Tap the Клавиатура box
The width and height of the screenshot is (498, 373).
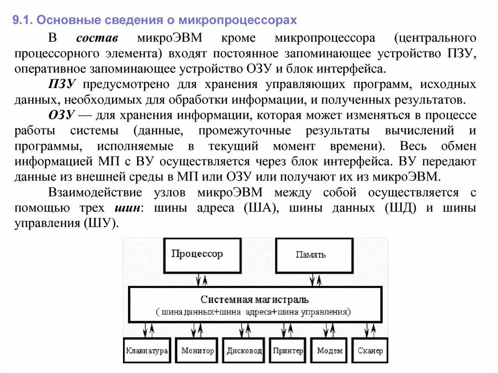coord(146,350)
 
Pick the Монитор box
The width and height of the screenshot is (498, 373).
coord(197,350)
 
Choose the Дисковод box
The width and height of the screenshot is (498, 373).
coord(244,350)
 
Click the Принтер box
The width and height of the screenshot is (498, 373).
coord(288,350)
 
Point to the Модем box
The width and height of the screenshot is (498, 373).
coord(330,350)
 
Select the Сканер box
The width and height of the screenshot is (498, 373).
coord(370,350)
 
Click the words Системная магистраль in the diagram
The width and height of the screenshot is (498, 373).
coord(254,300)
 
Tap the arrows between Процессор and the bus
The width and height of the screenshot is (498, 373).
coord(201,280)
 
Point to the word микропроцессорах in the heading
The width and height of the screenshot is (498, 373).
coord(237,20)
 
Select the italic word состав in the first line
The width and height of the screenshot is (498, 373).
coord(99,38)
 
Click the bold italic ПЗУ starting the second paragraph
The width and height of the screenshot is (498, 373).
coord(61,85)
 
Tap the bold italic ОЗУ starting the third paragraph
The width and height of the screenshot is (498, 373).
coord(61,115)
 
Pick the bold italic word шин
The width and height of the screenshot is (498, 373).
coord(127,208)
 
